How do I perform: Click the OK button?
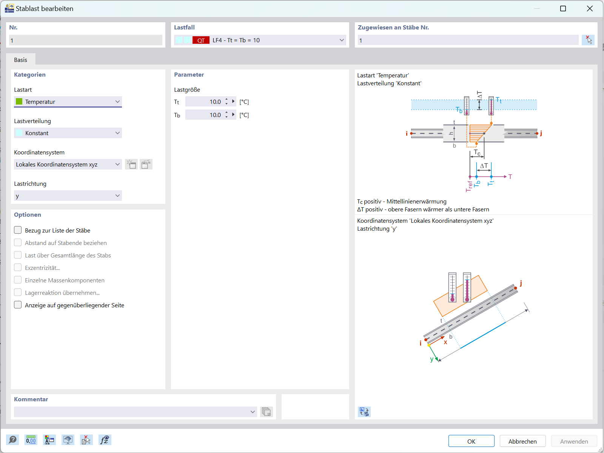coord(471,441)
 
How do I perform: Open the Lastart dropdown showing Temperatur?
coord(68,102)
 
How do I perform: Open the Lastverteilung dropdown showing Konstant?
coord(68,133)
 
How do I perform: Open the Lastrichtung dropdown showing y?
coord(68,196)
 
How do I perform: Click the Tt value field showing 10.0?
coord(204,102)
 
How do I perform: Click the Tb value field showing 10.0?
coord(204,115)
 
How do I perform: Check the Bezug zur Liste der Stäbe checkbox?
coord(18,230)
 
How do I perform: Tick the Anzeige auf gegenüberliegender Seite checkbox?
coord(18,305)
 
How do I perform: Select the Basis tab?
coord(21,60)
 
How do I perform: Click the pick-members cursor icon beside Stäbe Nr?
coord(588,40)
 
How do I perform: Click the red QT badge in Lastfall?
coord(201,40)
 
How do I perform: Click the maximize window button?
coord(563,8)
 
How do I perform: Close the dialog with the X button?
coord(590,8)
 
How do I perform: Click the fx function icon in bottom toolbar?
coord(105,440)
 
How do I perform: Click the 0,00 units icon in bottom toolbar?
coord(31,440)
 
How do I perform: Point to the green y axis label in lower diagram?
coord(432,359)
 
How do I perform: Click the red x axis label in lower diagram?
coord(445,342)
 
